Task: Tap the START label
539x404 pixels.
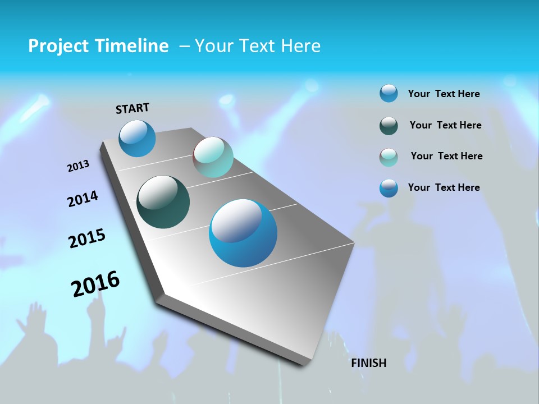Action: pos(133,108)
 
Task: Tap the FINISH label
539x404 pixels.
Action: pos(369,363)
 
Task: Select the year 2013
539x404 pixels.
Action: pos(78,166)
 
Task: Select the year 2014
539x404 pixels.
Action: pos(83,199)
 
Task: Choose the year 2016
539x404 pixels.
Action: pos(95,284)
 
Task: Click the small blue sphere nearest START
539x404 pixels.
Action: pos(137,139)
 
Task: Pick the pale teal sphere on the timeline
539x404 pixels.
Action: pos(213,157)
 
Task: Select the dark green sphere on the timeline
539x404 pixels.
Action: pos(163,202)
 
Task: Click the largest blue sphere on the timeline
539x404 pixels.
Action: pos(243,233)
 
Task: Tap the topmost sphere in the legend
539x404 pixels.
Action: pos(389,94)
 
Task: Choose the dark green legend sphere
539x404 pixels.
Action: pos(389,126)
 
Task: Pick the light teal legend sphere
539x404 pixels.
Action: pos(389,157)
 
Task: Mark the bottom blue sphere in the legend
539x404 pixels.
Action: pos(389,188)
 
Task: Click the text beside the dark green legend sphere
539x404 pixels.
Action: pos(445,125)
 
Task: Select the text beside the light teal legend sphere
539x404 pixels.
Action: pos(446,156)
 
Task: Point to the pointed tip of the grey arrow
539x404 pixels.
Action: pos(304,365)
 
